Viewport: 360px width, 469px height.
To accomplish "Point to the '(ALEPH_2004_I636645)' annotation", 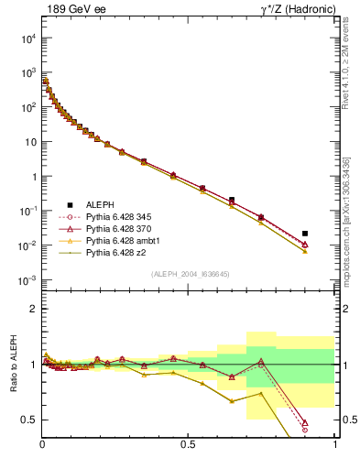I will [x=191, y=274].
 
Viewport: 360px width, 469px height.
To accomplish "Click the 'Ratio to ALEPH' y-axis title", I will [x=13, y=364].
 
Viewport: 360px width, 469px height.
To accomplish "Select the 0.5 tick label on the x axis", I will [x=188, y=444].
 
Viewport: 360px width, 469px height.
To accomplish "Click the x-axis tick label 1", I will [x=334, y=444].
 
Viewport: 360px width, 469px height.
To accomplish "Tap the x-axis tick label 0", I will [x=42, y=444].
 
